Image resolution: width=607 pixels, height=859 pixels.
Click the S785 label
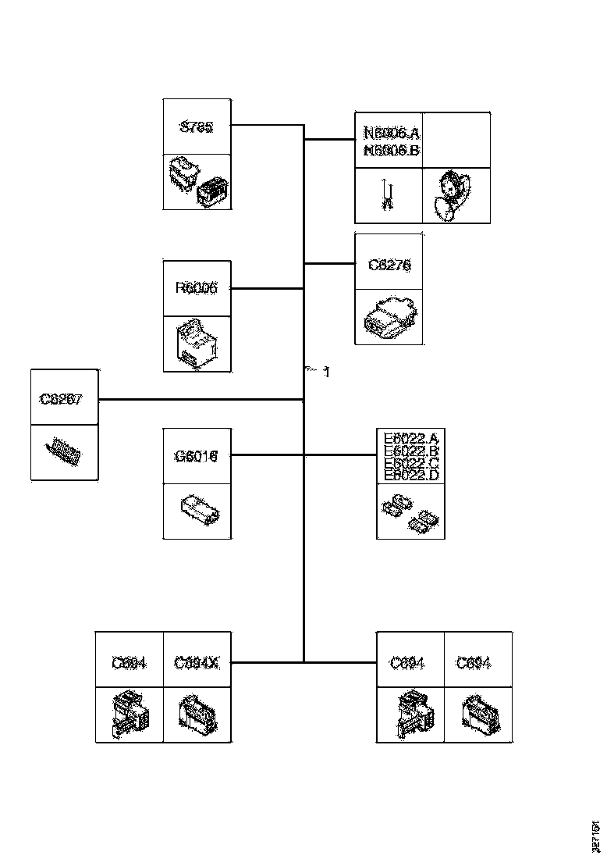click(x=197, y=127)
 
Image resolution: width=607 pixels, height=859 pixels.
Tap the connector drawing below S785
click(x=197, y=182)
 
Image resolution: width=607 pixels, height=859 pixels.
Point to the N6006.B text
click(x=392, y=150)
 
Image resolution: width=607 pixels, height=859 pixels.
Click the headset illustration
click(x=453, y=195)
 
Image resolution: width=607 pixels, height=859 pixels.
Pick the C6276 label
click(x=389, y=266)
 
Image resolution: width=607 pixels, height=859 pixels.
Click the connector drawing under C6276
click(x=389, y=317)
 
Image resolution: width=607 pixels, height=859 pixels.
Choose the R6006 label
click(x=197, y=288)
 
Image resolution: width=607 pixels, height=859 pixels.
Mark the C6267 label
click(x=61, y=399)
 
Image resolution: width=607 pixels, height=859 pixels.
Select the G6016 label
click(x=197, y=455)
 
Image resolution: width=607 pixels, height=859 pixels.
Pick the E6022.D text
click(x=411, y=475)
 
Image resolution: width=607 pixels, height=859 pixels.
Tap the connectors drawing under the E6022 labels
click(x=410, y=511)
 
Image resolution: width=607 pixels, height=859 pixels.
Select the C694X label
click(x=197, y=663)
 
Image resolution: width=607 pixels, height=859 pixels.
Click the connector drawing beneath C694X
click(x=197, y=715)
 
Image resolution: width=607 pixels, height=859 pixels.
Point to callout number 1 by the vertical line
click(x=326, y=372)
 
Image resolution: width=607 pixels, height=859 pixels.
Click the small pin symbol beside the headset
click(x=388, y=195)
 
